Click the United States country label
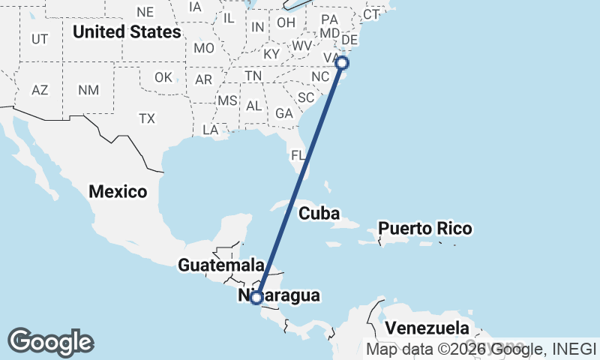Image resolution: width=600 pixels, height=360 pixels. tap(127, 32)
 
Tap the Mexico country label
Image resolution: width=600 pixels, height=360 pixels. tap(118, 191)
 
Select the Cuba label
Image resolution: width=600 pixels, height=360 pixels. tap(319, 214)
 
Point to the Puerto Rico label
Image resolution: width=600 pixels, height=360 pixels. tap(424, 228)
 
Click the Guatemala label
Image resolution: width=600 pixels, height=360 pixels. tap(221, 265)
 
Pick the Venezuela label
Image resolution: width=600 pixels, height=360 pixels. tap(427, 328)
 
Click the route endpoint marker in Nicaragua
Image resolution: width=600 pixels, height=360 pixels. tap(256, 298)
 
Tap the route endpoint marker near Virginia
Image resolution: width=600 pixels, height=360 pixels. tap(342, 63)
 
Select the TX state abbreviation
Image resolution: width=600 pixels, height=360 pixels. tap(146, 118)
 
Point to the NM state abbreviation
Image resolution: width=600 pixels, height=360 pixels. tap(88, 90)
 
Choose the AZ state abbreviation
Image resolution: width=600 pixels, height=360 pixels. tap(40, 90)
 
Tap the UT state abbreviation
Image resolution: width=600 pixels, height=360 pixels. tap(40, 38)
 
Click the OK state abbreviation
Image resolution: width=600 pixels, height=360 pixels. tap(163, 77)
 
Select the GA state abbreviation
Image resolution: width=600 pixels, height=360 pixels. tap(284, 113)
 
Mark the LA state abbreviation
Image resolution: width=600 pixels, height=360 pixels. tap(211, 130)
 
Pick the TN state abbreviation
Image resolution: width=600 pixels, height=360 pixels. tap(253, 76)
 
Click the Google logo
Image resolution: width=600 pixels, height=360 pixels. tap(50, 341)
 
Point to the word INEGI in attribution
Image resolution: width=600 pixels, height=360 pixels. tap(574, 349)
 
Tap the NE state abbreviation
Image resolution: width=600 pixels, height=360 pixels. tap(145, 12)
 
